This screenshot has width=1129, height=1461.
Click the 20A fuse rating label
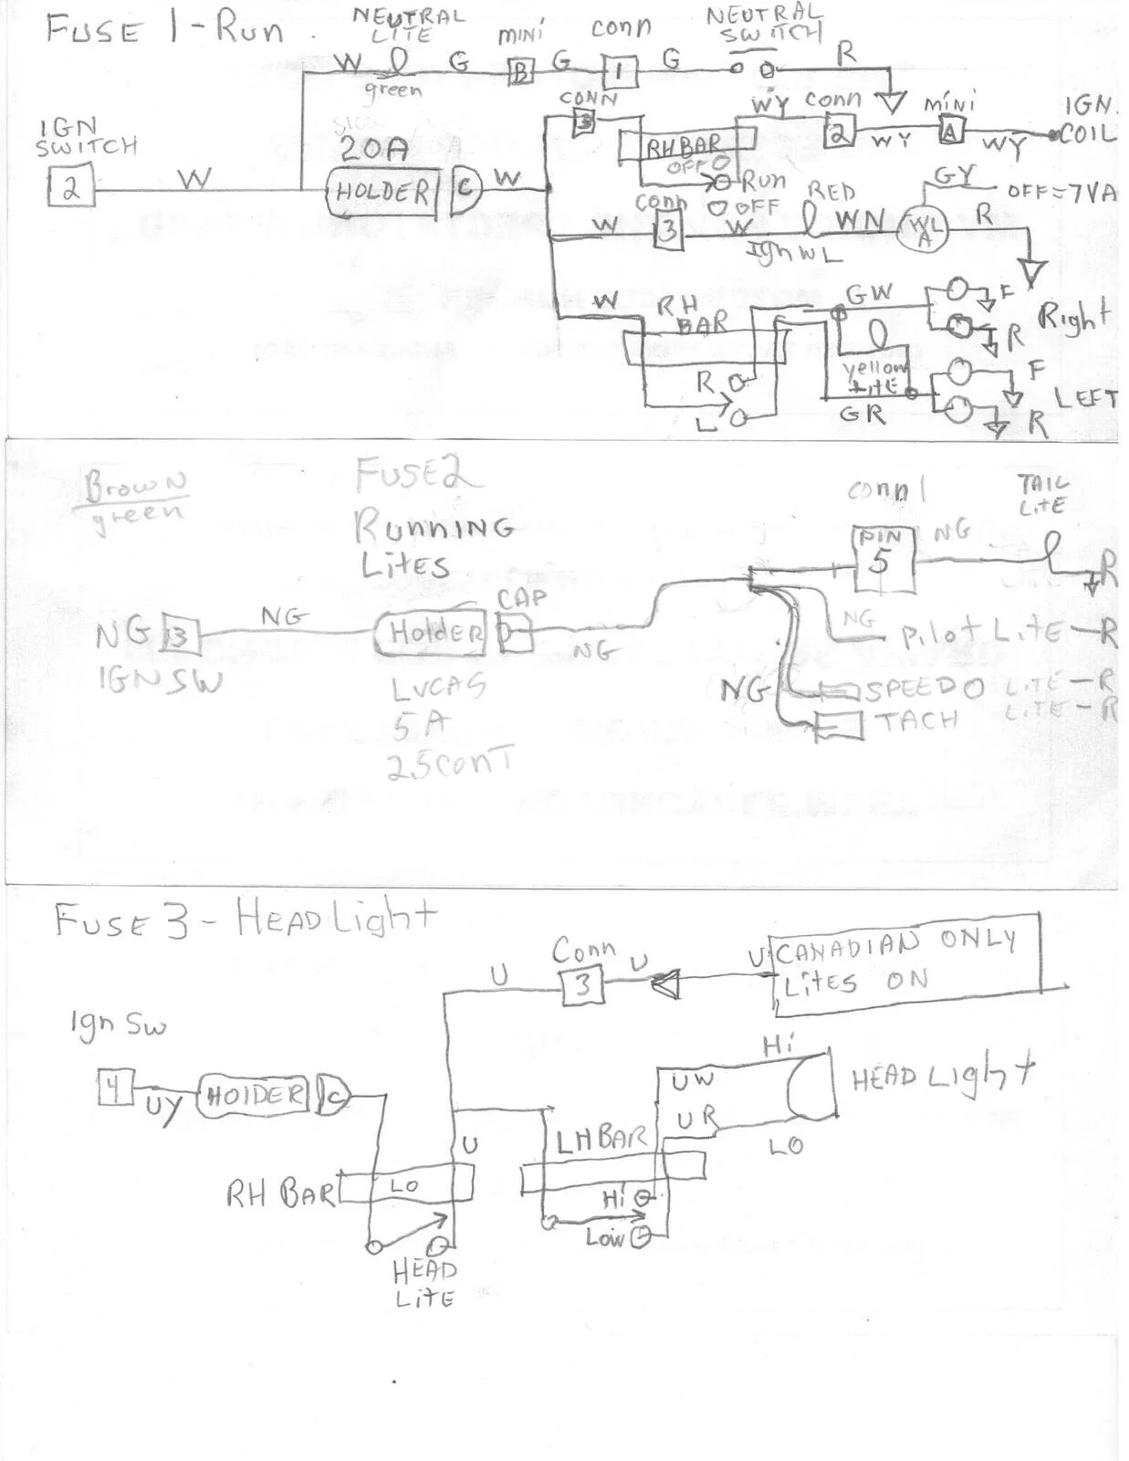tap(373, 149)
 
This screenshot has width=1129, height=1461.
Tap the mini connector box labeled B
tap(520, 72)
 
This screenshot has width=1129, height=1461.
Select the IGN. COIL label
tap(1089, 121)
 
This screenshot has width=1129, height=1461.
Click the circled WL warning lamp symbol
tap(924, 228)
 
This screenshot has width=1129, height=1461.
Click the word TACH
tap(916, 721)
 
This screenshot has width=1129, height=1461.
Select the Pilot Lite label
tap(981, 633)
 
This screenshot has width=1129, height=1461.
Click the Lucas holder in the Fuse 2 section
tap(429, 632)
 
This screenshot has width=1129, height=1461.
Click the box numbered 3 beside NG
tap(180, 635)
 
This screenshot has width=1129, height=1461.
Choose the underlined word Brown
tap(136, 484)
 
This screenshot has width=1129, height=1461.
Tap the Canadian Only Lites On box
tap(905, 962)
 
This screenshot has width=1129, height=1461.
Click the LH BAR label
tap(600, 1139)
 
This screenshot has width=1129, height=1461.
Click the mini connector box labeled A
tap(951, 132)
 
